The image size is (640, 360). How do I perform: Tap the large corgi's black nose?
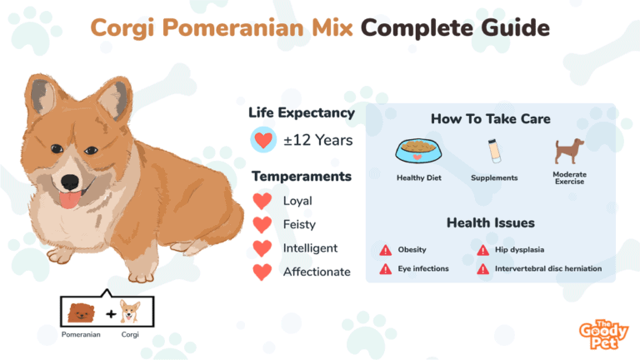click(69, 182)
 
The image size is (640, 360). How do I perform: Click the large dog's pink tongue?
click(70, 200)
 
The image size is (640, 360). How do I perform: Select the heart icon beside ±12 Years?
click(263, 140)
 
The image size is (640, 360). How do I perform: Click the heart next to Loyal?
click(262, 201)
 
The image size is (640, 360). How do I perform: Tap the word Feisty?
click(299, 224)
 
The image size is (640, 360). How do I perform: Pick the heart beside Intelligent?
click(262, 248)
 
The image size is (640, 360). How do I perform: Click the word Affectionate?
click(317, 272)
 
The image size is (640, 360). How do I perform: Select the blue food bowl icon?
click(418, 151)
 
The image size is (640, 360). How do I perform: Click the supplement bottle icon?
click(494, 151)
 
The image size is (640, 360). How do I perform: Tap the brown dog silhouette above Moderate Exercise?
click(569, 150)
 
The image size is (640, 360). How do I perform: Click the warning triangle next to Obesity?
click(385, 250)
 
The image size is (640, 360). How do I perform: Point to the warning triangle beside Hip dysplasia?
click(482, 250)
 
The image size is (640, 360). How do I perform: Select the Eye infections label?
click(423, 268)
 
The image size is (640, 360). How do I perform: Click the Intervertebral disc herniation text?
click(548, 268)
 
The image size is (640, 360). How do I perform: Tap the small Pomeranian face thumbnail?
click(81, 312)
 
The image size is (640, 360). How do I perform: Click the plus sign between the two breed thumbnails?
click(111, 314)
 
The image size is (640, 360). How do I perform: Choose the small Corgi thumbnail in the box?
click(130, 312)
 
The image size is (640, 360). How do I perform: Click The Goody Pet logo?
click(603, 334)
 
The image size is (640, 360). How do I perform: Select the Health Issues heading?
click(491, 222)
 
